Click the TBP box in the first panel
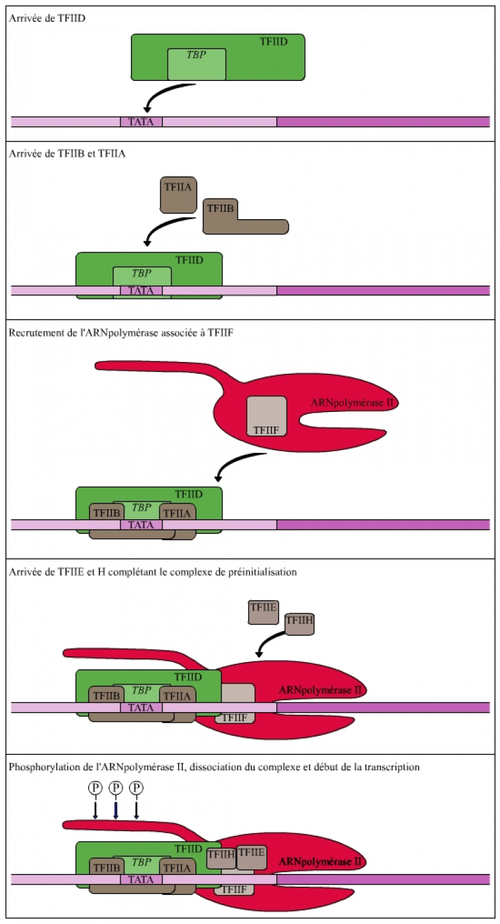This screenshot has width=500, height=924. click(x=197, y=64)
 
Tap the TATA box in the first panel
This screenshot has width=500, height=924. click(x=141, y=122)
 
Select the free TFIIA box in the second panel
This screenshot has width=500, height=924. click(x=178, y=194)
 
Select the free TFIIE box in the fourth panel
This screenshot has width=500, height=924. click(x=263, y=611)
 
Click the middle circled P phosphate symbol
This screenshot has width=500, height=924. click(x=116, y=787)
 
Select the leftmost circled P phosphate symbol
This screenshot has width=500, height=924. click(x=95, y=787)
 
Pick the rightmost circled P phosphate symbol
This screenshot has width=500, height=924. click(x=136, y=787)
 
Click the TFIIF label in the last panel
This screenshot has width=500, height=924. click(x=234, y=889)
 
